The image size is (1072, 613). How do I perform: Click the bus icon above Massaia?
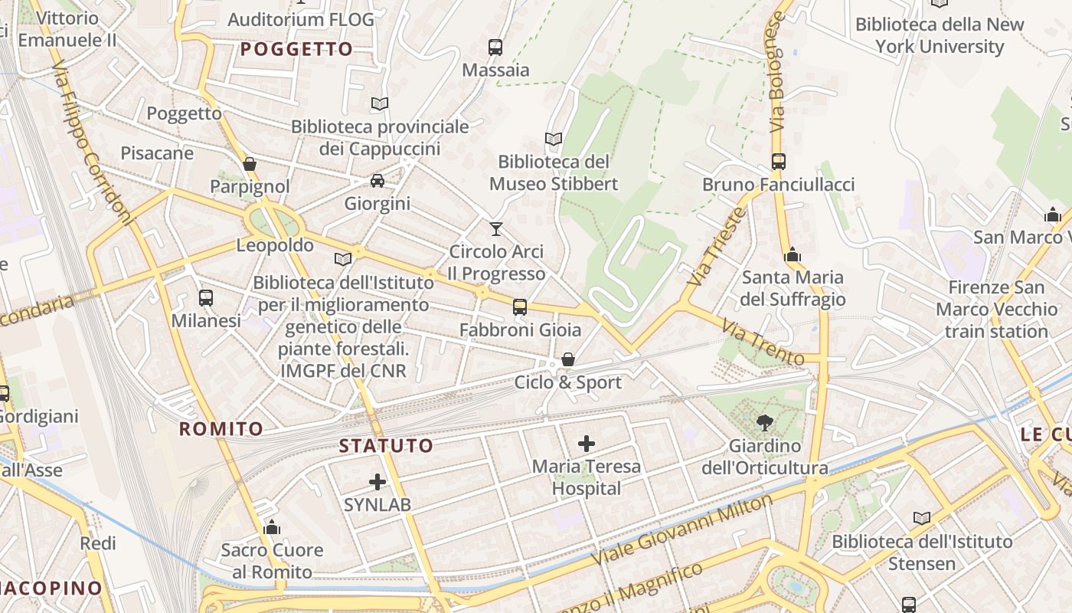[x=495, y=47]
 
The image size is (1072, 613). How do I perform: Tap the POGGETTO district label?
[x=296, y=50]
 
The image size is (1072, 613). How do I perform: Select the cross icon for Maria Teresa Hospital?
[x=587, y=443]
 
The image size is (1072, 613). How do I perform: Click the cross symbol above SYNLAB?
[x=377, y=481]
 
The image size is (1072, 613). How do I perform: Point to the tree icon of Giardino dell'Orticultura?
[x=764, y=422]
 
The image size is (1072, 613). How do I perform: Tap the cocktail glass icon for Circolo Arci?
[x=496, y=228]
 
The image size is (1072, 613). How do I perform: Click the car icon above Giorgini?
[x=377, y=181]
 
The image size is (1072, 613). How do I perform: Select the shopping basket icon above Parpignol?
[x=250, y=164]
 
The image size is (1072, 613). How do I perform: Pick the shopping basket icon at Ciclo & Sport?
[x=568, y=359]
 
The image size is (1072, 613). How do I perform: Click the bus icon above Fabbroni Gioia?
[x=520, y=307]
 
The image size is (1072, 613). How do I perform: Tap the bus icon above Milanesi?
[x=206, y=298]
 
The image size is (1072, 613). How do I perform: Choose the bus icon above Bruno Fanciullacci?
[x=779, y=162]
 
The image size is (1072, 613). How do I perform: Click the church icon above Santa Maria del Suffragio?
[x=793, y=254]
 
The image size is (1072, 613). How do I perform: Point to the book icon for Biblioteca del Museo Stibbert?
[x=554, y=139]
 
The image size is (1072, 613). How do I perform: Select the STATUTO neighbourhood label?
[x=386, y=445]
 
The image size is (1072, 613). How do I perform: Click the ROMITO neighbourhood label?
[x=221, y=429]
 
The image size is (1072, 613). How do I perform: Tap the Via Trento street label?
[x=762, y=343]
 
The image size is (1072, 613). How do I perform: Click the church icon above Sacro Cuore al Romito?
[x=272, y=527]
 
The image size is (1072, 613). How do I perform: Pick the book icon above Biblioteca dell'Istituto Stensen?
[x=922, y=519]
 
